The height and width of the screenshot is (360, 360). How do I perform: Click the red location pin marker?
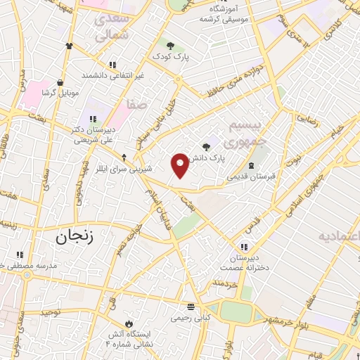click(181, 165)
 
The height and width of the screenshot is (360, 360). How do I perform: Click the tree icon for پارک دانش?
click(206, 147)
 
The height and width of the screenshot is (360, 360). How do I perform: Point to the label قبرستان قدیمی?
click(250, 176)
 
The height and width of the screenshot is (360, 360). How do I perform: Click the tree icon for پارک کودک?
click(171, 45)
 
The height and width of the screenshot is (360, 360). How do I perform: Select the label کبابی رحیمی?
click(191, 318)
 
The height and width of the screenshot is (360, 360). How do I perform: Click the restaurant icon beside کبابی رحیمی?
click(191, 306)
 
